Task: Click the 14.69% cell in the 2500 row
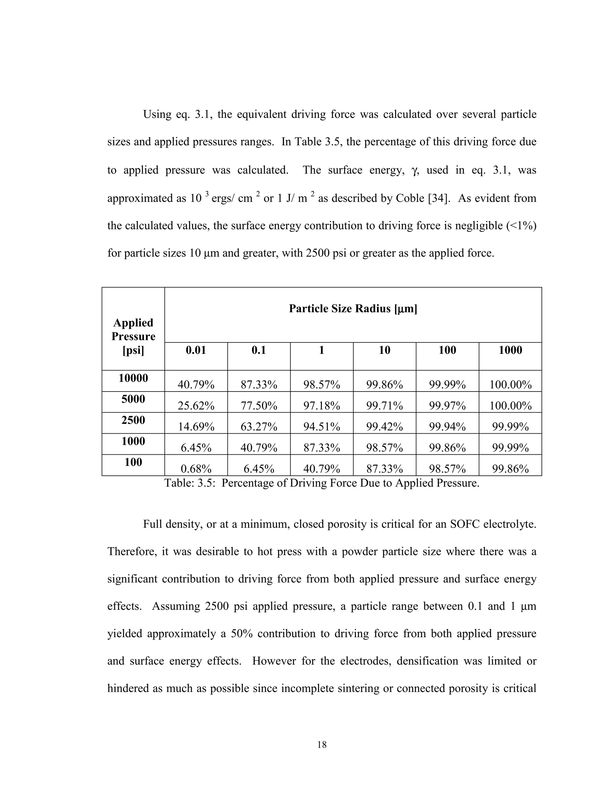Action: tap(196, 427)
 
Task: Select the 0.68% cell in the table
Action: tap(196, 469)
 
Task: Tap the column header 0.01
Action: tap(196, 350)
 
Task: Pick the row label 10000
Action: tap(133, 378)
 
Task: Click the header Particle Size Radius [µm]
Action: tap(353, 308)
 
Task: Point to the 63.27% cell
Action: tap(259, 427)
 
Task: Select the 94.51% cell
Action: tap(322, 427)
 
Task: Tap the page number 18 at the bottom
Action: tap(322, 744)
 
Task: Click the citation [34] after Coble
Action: tap(439, 198)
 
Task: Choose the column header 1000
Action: tap(510, 350)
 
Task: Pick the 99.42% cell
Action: tap(384, 427)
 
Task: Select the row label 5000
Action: tap(133, 399)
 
